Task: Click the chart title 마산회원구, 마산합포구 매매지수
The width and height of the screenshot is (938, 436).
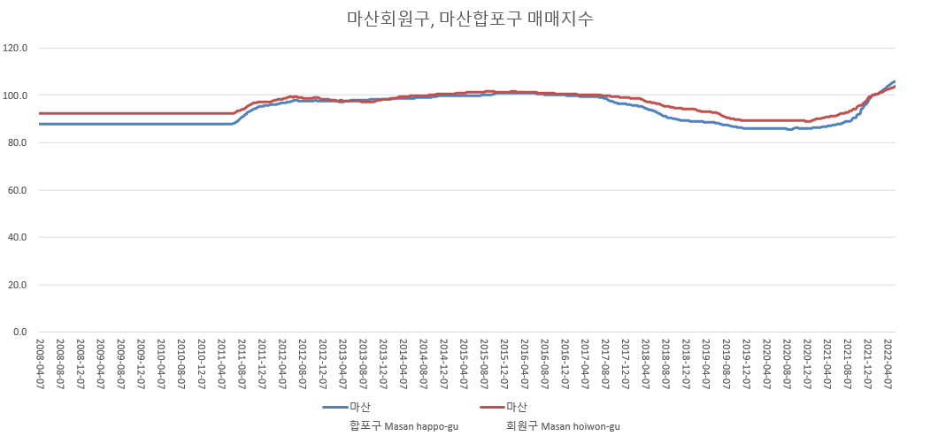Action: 469,19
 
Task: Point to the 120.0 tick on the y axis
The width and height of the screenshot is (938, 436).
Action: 17,48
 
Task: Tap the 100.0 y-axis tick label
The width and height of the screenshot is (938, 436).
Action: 17,96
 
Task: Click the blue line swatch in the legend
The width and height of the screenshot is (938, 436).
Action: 334,407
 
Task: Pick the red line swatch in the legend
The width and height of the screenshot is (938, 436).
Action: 491,407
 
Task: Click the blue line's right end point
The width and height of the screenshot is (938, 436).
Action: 895,81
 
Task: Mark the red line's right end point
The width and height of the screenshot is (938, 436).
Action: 895,87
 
